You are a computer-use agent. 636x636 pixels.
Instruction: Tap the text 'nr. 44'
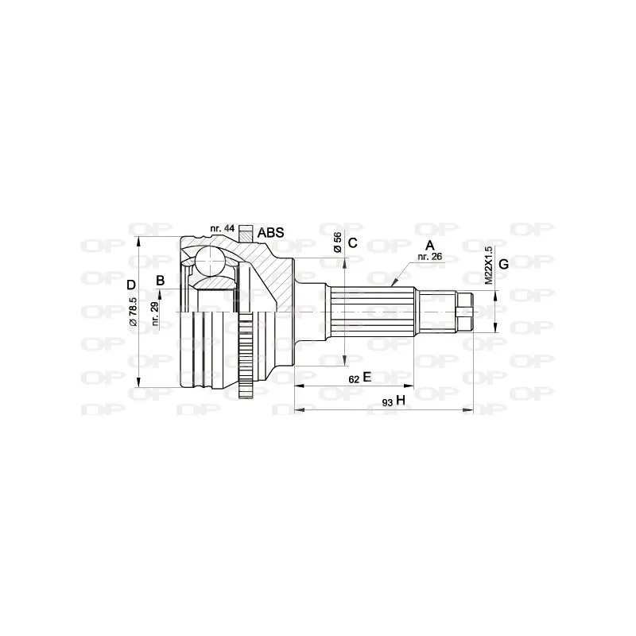222,229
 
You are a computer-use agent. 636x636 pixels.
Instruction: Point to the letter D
132,284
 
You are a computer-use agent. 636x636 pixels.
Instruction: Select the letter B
161,280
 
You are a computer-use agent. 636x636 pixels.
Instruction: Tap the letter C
354,243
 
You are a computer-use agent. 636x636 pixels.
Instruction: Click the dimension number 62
353,379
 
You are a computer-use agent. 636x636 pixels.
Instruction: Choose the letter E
366,378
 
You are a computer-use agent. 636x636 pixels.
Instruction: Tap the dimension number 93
386,403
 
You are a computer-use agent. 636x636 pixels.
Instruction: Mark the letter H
401,401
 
